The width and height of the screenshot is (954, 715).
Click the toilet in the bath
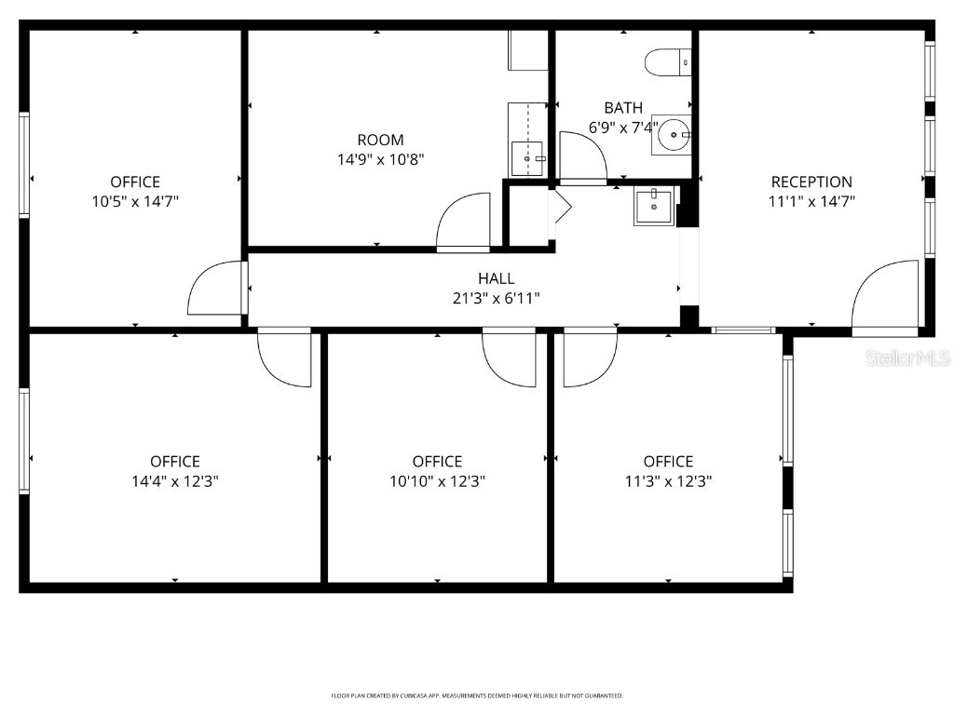pos(666,62)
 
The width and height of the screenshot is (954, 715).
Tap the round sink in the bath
pos(671,136)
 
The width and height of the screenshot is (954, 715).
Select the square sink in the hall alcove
pos(654,206)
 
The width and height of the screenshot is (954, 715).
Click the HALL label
pos(496,278)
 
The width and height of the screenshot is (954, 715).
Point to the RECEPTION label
pos(811,182)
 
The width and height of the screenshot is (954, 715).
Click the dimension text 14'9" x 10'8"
pos(380,159)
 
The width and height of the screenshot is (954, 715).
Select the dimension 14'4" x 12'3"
pos(175,481)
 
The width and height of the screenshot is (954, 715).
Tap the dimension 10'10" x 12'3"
pos(437,481)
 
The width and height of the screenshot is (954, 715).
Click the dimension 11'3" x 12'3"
pos(668,481)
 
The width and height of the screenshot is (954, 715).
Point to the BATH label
pos(622,108)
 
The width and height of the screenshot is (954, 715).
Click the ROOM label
pos(380,140)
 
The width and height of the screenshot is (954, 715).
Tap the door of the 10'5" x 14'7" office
pos(216,289)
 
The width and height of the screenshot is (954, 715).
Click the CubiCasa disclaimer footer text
pos(477,695)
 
